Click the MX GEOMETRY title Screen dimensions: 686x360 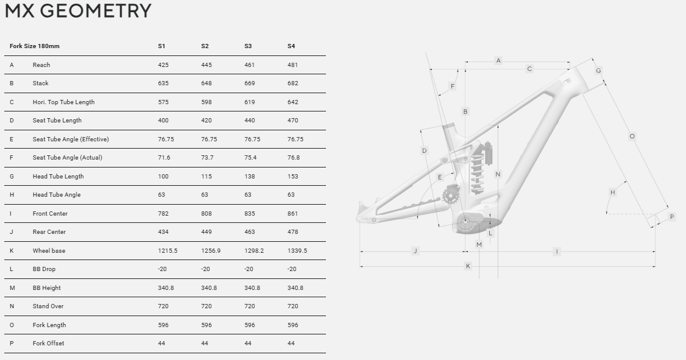(x=78, y=10)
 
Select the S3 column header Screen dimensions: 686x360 (x=247, y=46)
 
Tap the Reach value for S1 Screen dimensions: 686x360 (x=163, y=65)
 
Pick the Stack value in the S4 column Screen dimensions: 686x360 (x=292, y=83)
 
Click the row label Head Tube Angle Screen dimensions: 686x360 (x=57, y=195)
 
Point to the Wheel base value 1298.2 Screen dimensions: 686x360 (x=254, y=250)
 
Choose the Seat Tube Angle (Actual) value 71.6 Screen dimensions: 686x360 (x=164, y=158)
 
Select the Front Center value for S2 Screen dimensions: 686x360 (x=207, y=213)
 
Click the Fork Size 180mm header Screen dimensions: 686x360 (x=35, y=46)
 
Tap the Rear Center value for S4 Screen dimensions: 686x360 (x=292, y=232)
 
